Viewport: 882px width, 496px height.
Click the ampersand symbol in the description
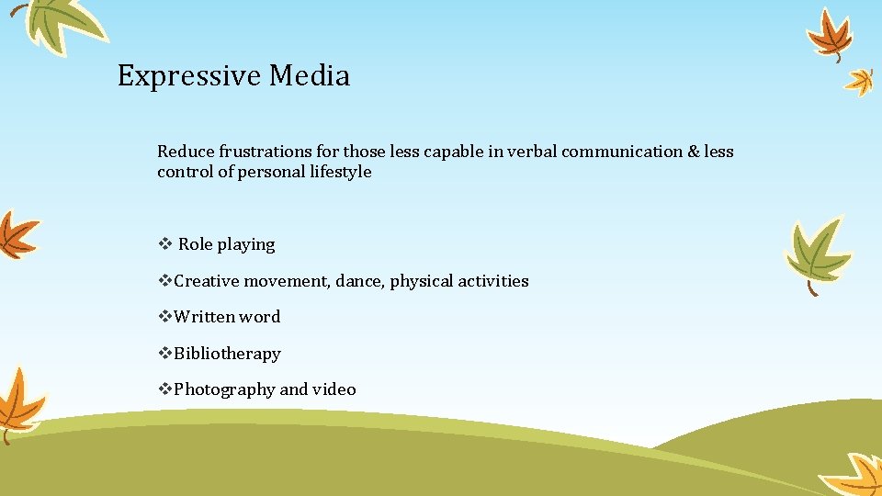click(693, 152)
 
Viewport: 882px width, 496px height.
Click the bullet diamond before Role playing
click(164, 244)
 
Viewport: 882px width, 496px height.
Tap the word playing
click(246, 244)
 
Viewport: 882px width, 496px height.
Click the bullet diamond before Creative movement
click(165, 281)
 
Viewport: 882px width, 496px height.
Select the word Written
click(204, 317)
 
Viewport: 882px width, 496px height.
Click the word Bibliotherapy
click(227, 354)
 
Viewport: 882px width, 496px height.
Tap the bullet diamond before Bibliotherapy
click(165, 354)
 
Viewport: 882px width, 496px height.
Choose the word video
click(334, 389)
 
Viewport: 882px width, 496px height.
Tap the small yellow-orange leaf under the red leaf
click(860, 82)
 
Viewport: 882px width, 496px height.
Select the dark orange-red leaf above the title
click(829, 33)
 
